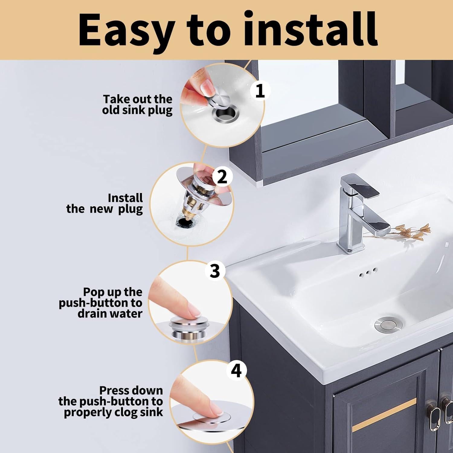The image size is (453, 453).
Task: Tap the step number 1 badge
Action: [260, 91]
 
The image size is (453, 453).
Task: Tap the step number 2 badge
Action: [222, 177]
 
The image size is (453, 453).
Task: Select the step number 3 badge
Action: [215, 271]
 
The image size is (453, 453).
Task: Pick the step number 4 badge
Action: [236, 370]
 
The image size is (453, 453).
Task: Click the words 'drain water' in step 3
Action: [110, 313]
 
